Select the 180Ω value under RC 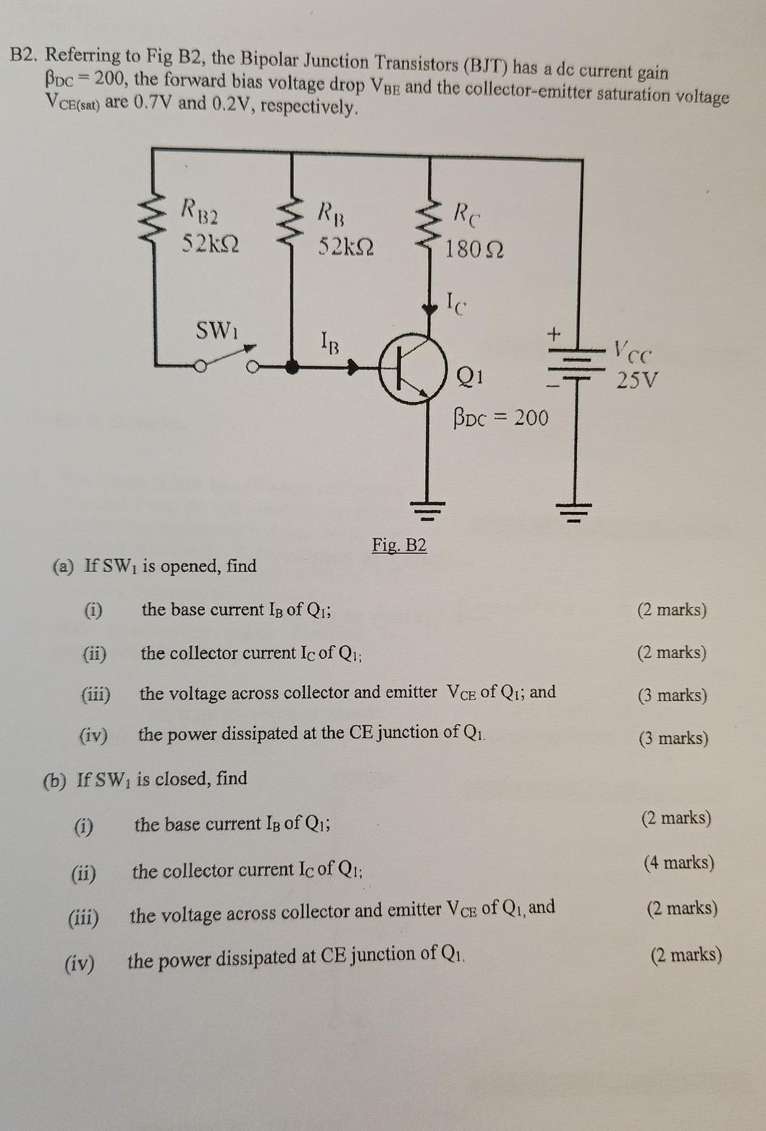point(474,250)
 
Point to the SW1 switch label point(216,331)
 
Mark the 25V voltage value point(637,380)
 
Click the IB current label point(329,341)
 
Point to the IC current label point(455,300)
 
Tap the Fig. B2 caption point(399,545)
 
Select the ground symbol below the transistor point(429,510)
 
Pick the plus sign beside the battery point(554,335)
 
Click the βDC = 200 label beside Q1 point(500,418)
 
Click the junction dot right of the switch point(292,367)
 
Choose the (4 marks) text point(678,862)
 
